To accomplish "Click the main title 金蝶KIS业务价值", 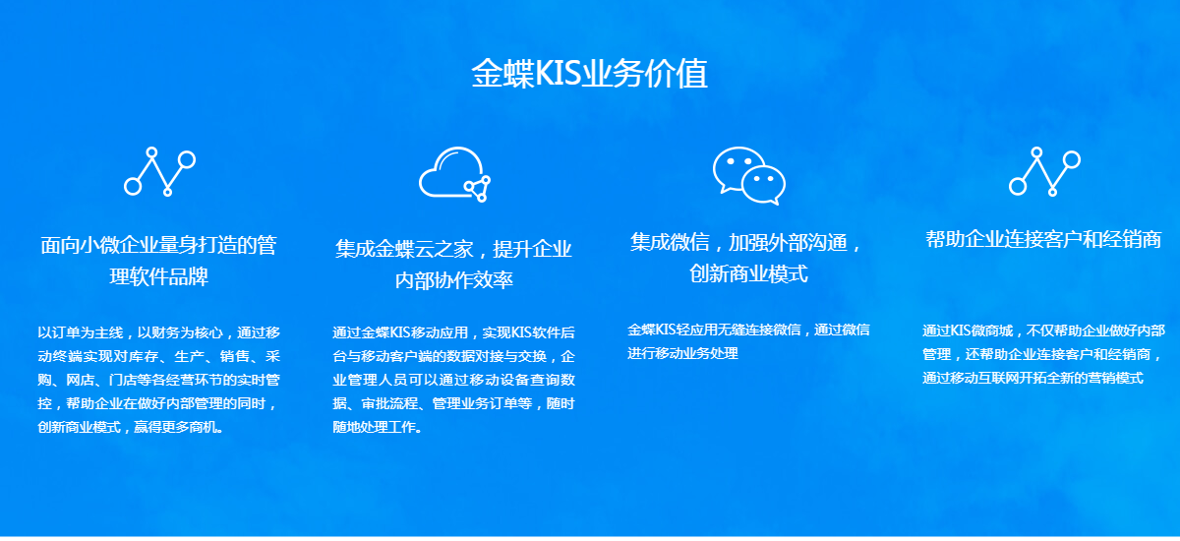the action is pos(589,73).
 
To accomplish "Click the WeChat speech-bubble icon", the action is pos(748,175).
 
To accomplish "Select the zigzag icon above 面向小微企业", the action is pos(159,172).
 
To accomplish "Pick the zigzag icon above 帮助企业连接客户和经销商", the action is pos(1044,172).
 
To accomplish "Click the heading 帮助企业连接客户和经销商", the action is pos(1043,240).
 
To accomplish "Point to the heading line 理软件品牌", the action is pos(158,276).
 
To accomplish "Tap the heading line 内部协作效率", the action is pos(453,280).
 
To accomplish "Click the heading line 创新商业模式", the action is pos(748,273).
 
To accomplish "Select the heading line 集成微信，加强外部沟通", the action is pos(747,243).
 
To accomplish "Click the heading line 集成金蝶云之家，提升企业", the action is pos(453,249).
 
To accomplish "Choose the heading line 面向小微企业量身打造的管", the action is pos(158,246).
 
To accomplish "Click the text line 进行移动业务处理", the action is pos(682,353).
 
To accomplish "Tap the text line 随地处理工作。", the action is pos(378,427).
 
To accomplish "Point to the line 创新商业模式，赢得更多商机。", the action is pos(131,427).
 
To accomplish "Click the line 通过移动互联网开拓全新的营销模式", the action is pos(1033,379).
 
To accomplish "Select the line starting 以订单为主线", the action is pos(158,332).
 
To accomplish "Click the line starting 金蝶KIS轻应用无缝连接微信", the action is pos(748,330).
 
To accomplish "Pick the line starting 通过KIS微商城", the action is pos(1043,331).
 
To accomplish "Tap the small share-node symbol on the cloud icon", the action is pos(477,189).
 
